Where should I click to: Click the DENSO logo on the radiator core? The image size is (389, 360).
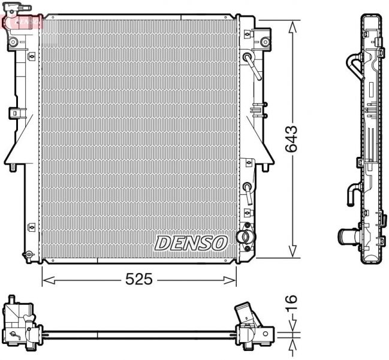[x=191, y=243]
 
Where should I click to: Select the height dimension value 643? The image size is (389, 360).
[x=292, y=139]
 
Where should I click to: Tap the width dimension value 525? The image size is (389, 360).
[x=139, y=279]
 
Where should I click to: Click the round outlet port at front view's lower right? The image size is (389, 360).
[x=243, y=237]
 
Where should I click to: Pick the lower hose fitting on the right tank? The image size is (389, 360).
[x=247, y=192]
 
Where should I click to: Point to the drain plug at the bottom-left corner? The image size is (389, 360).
[x=26, y=256]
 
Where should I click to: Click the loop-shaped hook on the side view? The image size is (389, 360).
[x=354, y=65]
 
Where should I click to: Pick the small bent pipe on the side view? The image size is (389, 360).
[x=351, y=195]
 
